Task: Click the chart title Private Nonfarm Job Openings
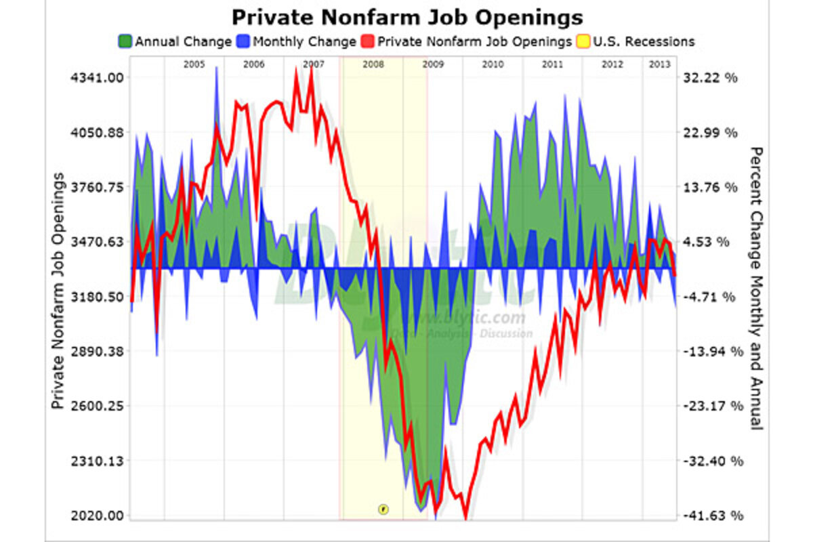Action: (x=406, y=16)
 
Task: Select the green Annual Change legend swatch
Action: (x=125, y=42)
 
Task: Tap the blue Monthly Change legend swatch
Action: (x=243, y=42)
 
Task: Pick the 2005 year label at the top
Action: (x=194, y=64)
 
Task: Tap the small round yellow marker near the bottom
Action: (x=383, y=508)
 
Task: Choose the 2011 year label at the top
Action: (x=553, y=64)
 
